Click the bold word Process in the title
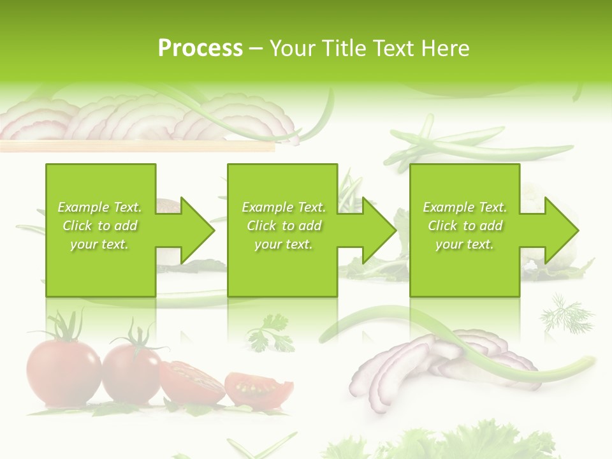coord(200,48)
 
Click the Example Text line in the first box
coord(99,207)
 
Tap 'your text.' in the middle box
coord(283,244)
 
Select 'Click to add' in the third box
coord(465,226)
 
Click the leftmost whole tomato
coord(62,373)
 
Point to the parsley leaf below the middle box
coord(270,333)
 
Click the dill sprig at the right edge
coord(566,312)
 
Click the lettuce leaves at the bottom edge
coord(446,443)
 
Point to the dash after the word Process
coord(256,48)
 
